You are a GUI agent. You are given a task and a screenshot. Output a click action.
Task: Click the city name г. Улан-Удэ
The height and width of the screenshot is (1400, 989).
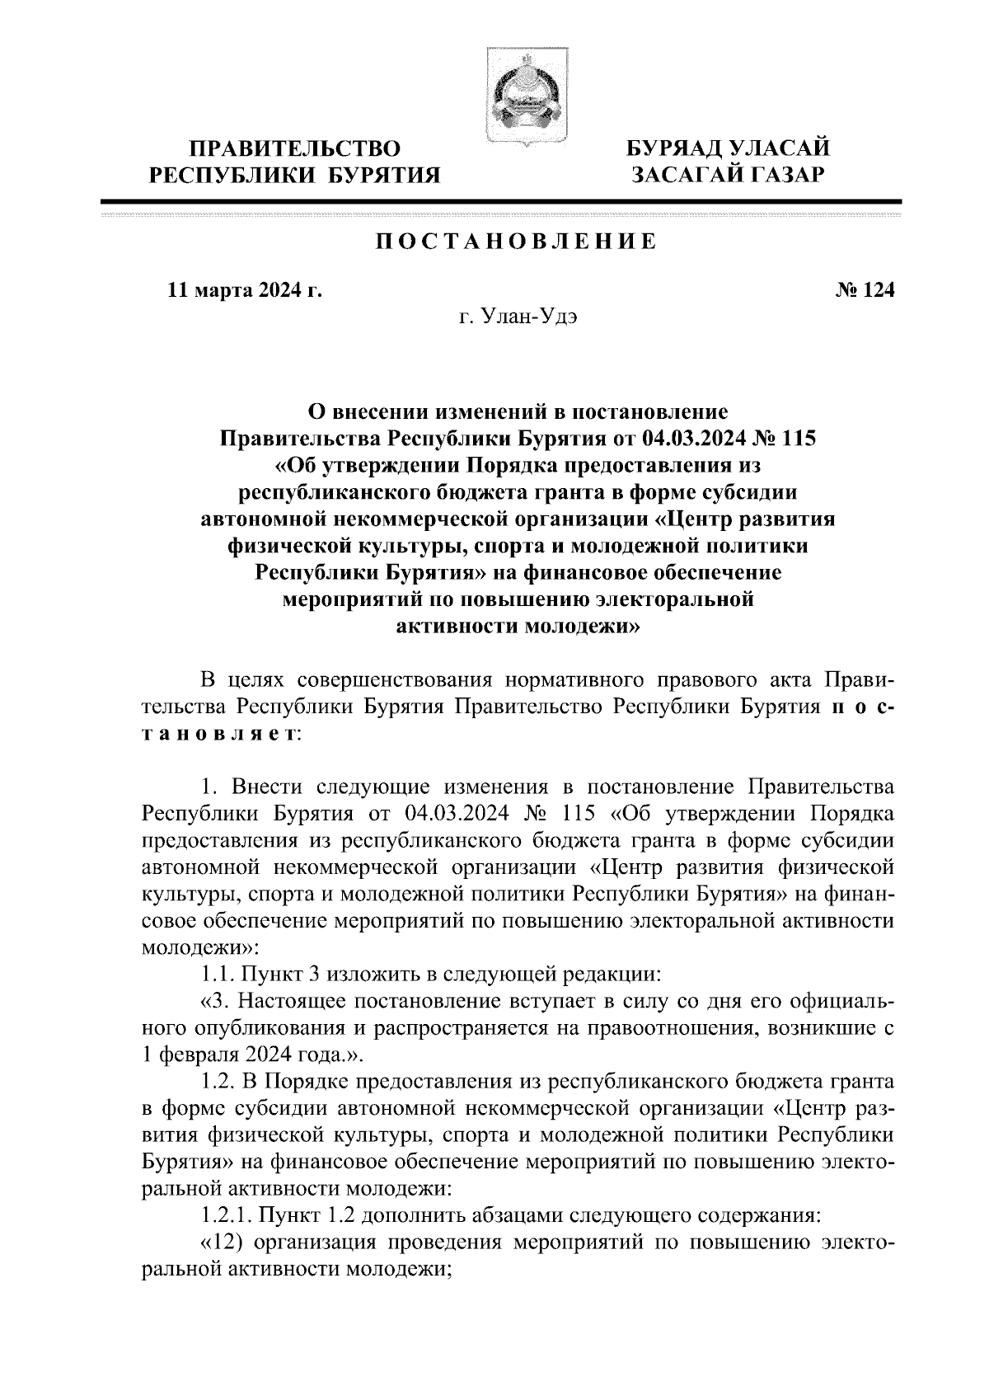pyautogui.click(x=518, y=317)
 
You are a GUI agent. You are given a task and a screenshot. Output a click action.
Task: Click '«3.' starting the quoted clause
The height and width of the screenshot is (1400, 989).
pyautogui.click(x=215, y=1001)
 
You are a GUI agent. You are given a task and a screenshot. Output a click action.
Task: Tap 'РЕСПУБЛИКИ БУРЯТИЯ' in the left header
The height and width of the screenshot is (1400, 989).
pyautogui.click(x=293, y=175)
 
